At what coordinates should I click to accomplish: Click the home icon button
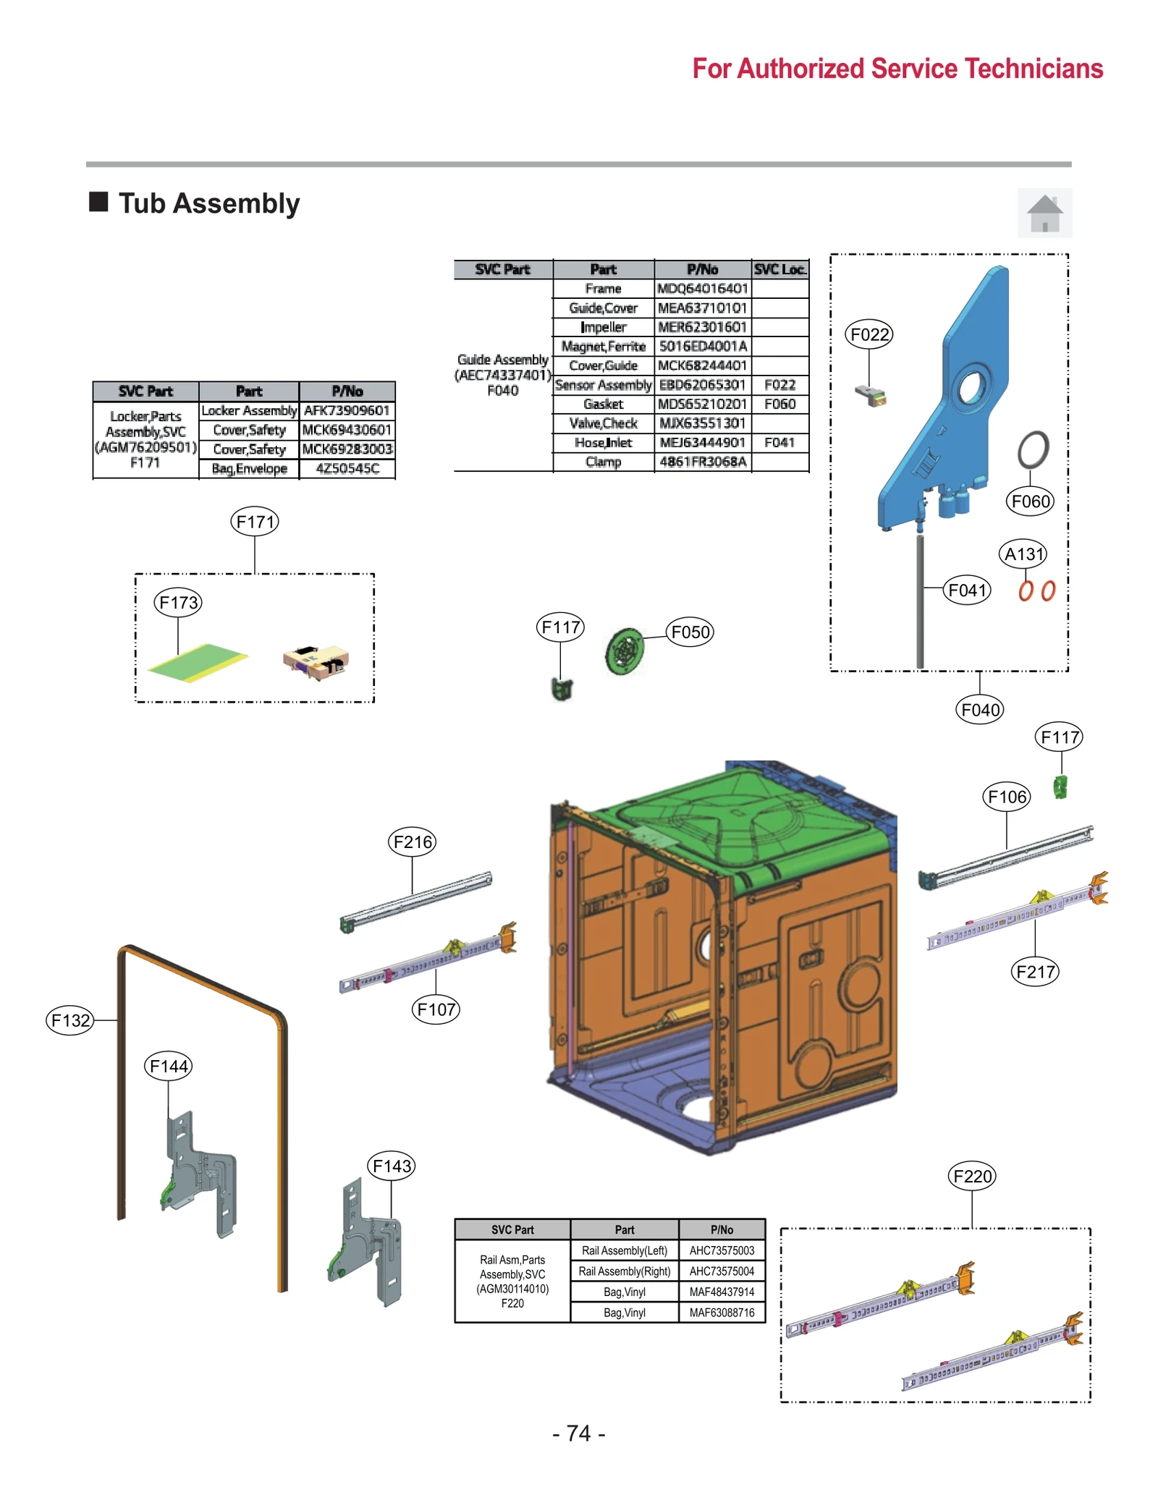(1044, 213)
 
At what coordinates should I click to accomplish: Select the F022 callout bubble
(868, 334)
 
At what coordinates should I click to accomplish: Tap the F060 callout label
(1030, 501)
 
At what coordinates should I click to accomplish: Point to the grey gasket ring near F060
(1033, 449)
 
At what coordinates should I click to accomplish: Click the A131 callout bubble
(1024, 554)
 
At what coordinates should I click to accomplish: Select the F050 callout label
(690, 632)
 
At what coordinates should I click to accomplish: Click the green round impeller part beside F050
(624, 651)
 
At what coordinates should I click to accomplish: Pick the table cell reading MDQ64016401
(702, 289)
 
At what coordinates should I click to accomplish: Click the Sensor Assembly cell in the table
(603, 385)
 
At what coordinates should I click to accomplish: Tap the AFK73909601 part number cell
(347, 410)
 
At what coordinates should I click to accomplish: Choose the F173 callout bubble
(178, 602)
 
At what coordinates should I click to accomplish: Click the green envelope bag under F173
(197, 662)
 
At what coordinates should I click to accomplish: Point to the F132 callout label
(70, 1020)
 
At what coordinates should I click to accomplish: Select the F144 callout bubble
(168, 1066)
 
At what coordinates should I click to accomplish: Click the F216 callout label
(412, 842)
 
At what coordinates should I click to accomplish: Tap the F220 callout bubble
(971, 1176)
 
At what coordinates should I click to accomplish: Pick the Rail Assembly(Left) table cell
(624, 1250)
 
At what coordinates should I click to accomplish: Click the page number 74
(578, 1433)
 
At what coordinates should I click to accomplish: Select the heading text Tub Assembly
(208, 203)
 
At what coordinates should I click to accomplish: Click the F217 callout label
(1034, 971)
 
